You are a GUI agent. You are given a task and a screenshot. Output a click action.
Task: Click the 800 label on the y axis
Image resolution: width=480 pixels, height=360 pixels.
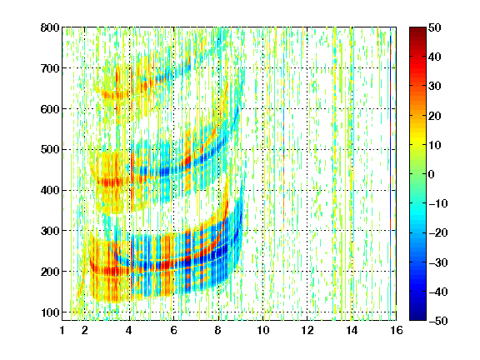tap(50, 27)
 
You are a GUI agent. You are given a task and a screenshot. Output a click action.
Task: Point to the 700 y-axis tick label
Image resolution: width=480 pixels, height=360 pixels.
tap(50, 68)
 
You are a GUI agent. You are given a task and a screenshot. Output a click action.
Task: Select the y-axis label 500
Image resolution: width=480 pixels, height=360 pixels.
tap(50, 150)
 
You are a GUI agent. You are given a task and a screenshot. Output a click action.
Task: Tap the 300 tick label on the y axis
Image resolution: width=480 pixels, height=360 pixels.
tap(50, 231)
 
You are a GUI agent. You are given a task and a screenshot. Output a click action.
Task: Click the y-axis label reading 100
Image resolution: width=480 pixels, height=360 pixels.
tap(50, 312)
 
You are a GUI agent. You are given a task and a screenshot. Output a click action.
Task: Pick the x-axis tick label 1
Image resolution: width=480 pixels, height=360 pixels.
tap(62, 331)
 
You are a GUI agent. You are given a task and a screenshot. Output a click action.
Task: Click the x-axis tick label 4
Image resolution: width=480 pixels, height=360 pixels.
tap(129, 331)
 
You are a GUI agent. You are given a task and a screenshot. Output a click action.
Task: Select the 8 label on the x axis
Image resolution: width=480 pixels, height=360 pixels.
tap(218, 331)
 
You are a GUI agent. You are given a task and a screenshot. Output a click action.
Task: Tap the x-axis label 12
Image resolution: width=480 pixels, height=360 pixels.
tap(307, 331)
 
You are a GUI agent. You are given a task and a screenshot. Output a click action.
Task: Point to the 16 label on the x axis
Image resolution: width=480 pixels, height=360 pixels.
tap(397, 331)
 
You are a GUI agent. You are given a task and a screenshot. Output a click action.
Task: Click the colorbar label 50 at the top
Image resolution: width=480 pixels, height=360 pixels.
tap(435, 27)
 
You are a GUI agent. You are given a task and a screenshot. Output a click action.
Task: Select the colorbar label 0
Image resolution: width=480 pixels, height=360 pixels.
tap(432, 174)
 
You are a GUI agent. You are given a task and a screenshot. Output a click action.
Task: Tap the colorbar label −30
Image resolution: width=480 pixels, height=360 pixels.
tap(438, 262)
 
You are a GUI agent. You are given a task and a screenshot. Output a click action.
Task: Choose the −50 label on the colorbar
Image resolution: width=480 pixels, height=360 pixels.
tap(438, 321)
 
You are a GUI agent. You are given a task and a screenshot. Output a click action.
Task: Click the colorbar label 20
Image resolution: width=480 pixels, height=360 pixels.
tap(435, 116)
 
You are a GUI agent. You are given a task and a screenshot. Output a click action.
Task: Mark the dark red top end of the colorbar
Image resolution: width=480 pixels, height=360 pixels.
tap(417, 29)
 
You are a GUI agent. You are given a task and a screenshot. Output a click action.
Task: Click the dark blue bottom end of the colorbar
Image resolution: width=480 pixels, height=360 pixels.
tap(417, 318)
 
